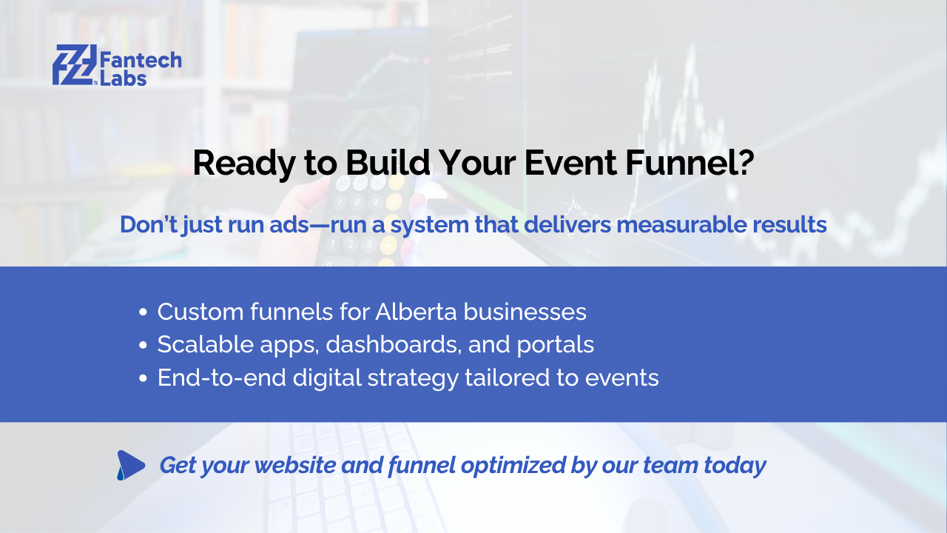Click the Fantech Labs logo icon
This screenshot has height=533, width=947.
coord(75,64)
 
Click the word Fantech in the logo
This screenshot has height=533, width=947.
coord(141,60)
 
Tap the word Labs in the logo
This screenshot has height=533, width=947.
coord(123,78)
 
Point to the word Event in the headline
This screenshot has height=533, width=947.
coord(570,163)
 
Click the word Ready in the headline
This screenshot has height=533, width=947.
coord(243,164)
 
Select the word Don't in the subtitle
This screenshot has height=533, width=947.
coord(149,224)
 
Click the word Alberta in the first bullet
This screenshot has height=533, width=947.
coord(416,312)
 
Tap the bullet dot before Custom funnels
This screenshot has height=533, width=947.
coord(143,312)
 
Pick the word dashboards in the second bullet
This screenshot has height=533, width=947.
coord(392,345)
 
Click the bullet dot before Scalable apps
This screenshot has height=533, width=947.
coord(143,345)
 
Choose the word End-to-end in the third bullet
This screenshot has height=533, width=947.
coord(221,378)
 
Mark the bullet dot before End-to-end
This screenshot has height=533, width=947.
coord(143,378)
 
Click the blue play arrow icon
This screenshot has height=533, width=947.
coord(131,466)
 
